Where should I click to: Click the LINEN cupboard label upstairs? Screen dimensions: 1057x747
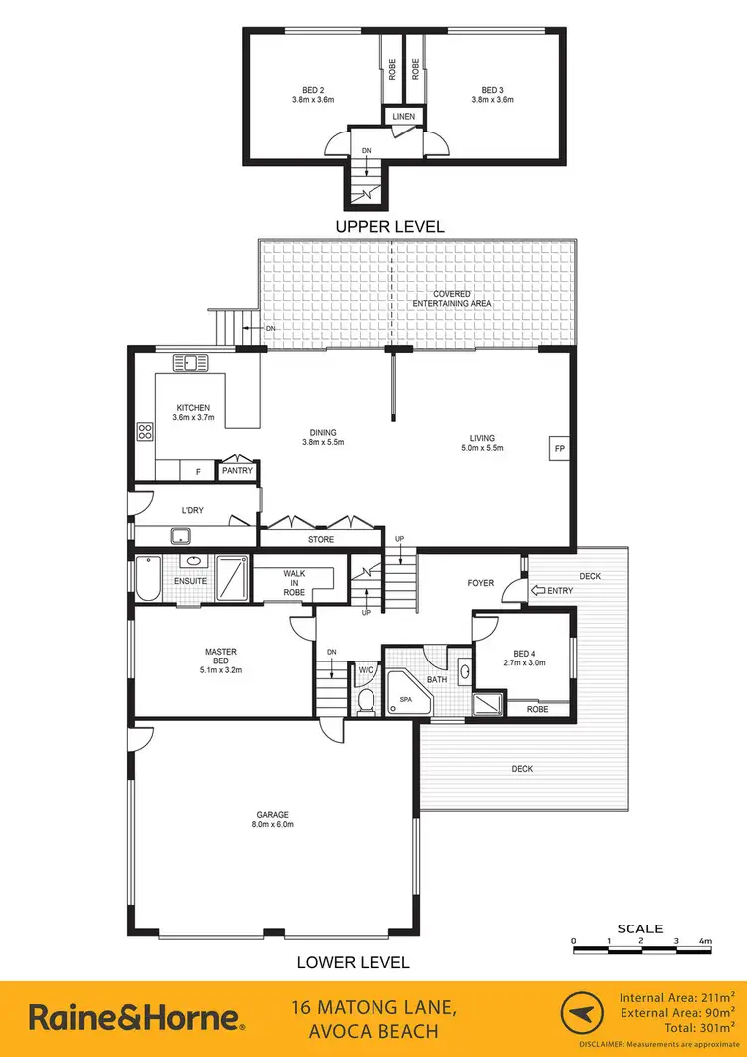pos(403,117)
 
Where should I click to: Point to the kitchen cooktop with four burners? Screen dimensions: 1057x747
pos(145,432)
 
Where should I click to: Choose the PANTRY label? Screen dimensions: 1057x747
pos(237,470)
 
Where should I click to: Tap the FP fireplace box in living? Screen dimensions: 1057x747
pos(557,449)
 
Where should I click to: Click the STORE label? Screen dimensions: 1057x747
pos(321,539)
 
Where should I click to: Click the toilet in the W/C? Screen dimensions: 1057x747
pos(366,700)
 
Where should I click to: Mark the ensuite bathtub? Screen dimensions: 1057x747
pos(147,579)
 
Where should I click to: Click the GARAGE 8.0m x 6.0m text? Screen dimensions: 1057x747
pos(274,820)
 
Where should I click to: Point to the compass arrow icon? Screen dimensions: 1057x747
pos(587,1017)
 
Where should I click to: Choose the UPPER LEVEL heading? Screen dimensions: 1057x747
pos(389,227)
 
